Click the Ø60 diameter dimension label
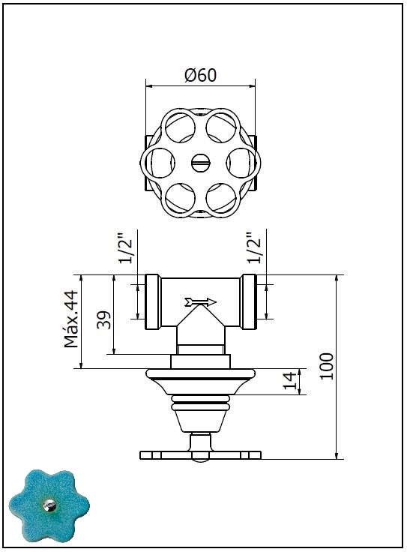(x=201, y=75)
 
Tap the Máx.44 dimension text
(x=71, y=319)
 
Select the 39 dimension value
(x=104, y=319)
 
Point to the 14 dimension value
(x=290, y=380)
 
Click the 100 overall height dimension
(x=327, y=366)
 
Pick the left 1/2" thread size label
(x=126, y=247)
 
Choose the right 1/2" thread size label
(x=254, y=247)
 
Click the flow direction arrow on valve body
(x=200, y=301)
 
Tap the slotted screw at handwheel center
(x=201, y=163)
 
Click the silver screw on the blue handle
(x=49, y=505)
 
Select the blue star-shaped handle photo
(x=49, y=506)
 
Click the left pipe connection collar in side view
(x=154, y=302)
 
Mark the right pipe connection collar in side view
(x=248, y=302)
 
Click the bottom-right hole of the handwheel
(x=221, y=198)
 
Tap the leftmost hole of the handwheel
(x=160, y=163)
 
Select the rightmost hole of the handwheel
(x=241, y=163)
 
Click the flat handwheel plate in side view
(x=201, y=455)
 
